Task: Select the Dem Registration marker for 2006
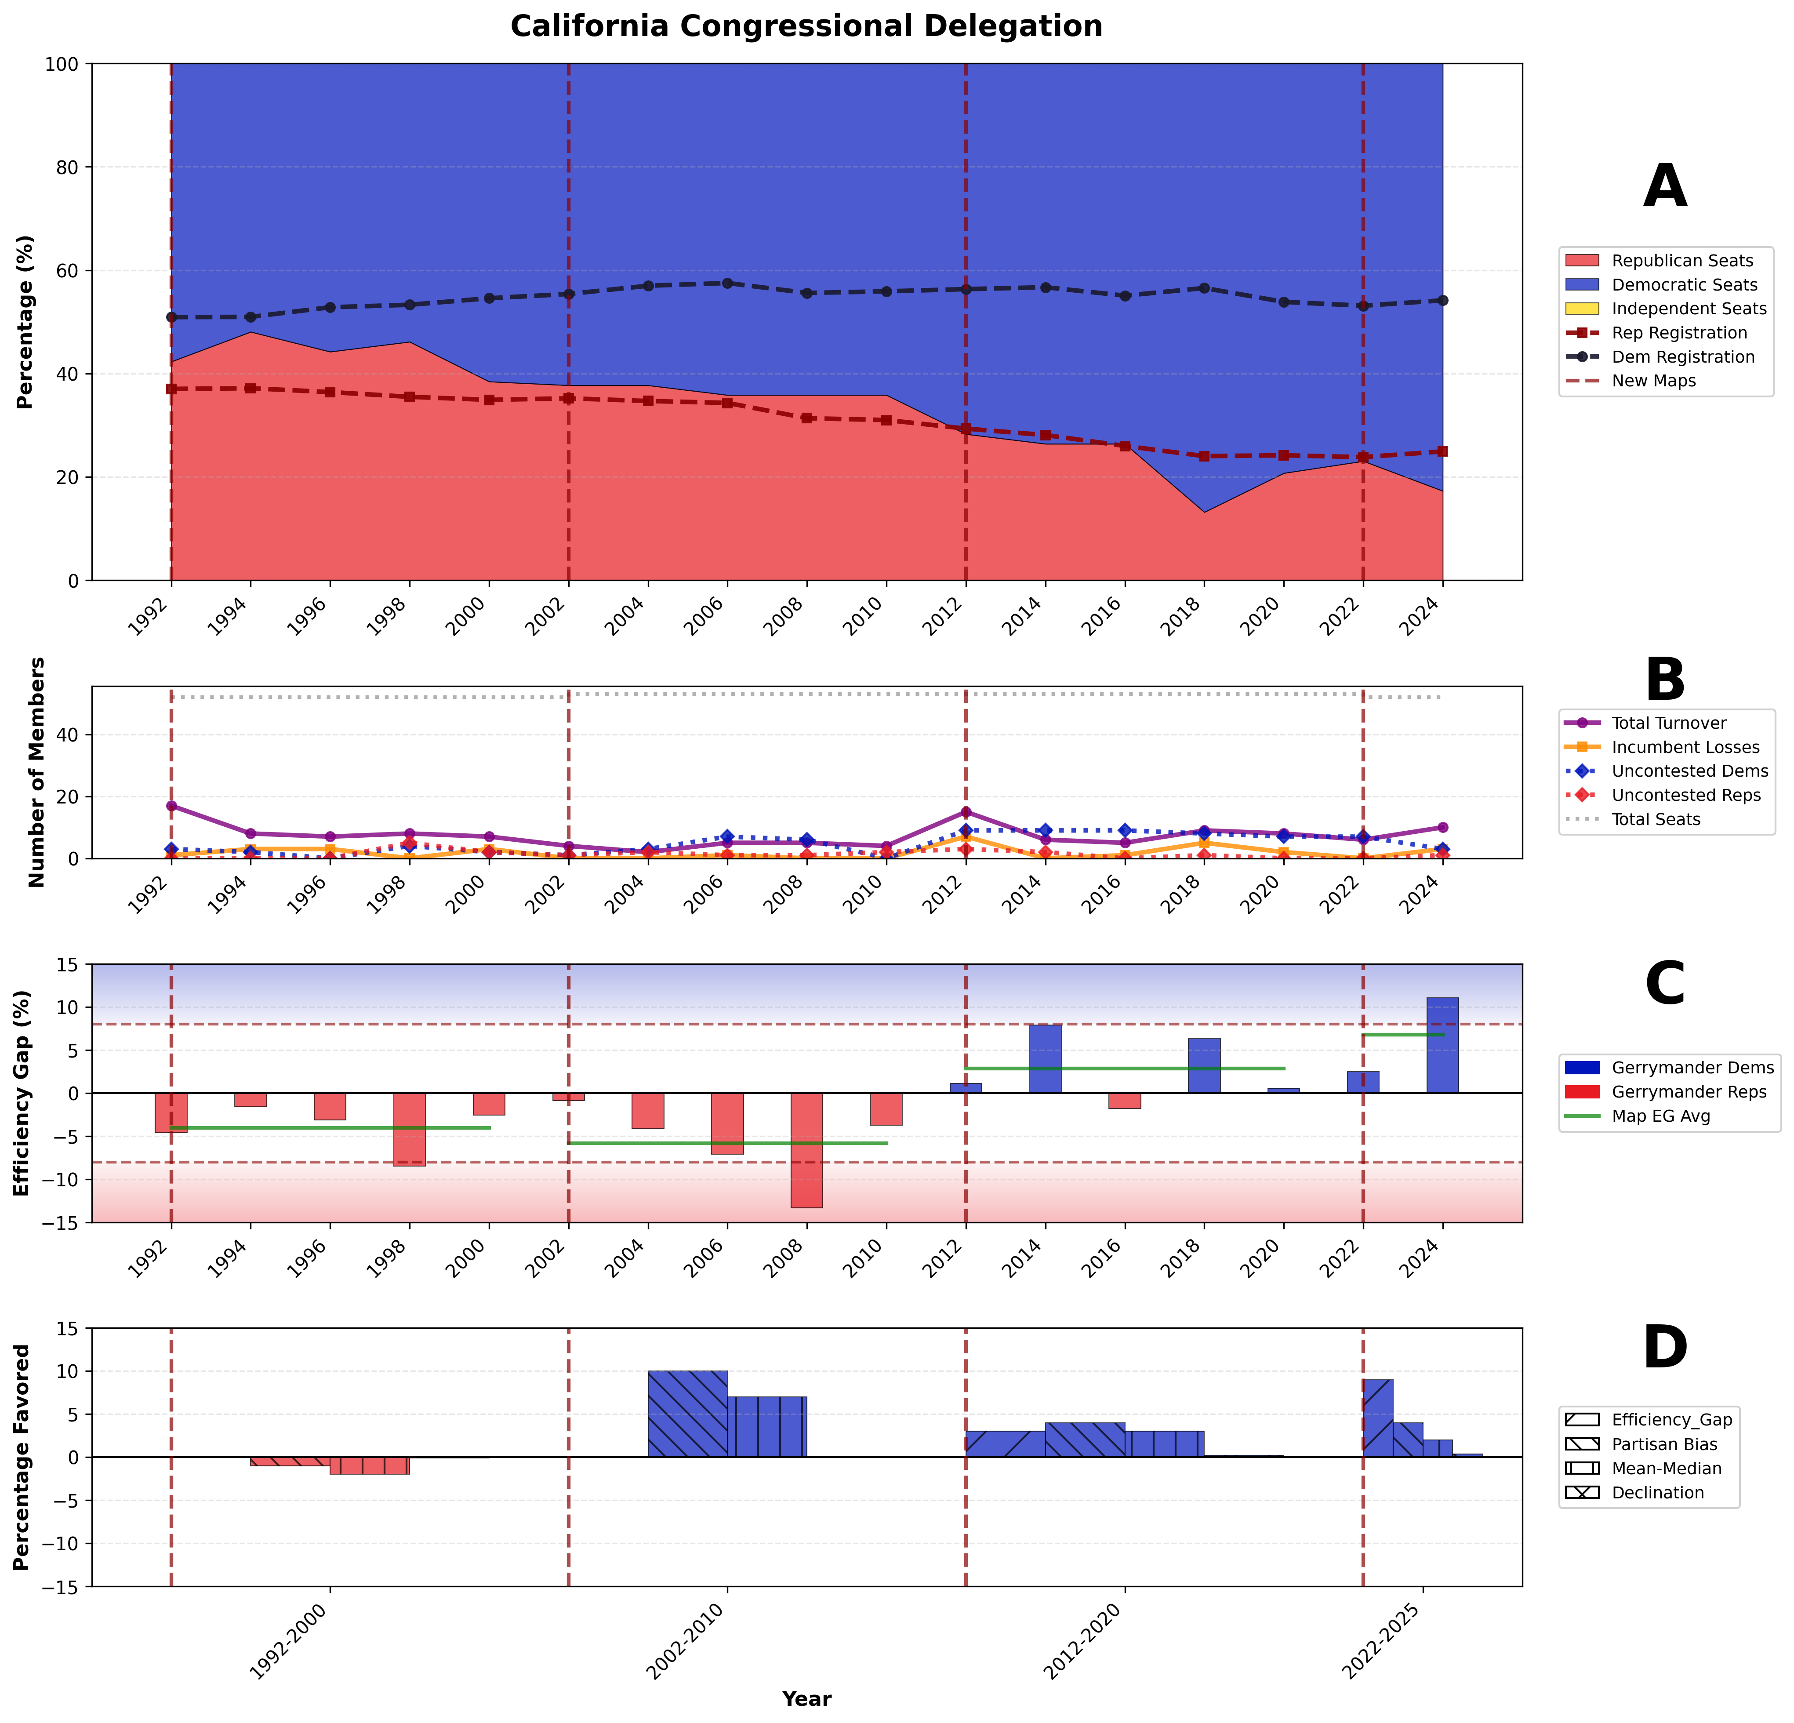point(728,283)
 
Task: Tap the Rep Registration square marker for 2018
point(1205,456)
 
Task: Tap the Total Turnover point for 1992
point(171,806)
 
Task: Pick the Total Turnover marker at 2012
point(966,812)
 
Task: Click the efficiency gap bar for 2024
point(1442,1045)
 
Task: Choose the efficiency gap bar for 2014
point(1045,1058)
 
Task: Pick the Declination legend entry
point(1658,1492)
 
